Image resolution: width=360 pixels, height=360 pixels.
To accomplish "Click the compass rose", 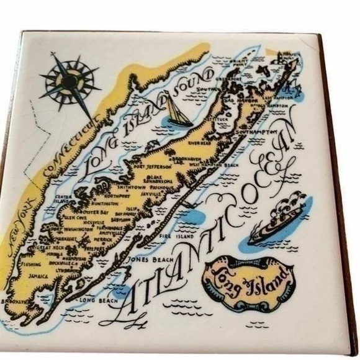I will (70, 81).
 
